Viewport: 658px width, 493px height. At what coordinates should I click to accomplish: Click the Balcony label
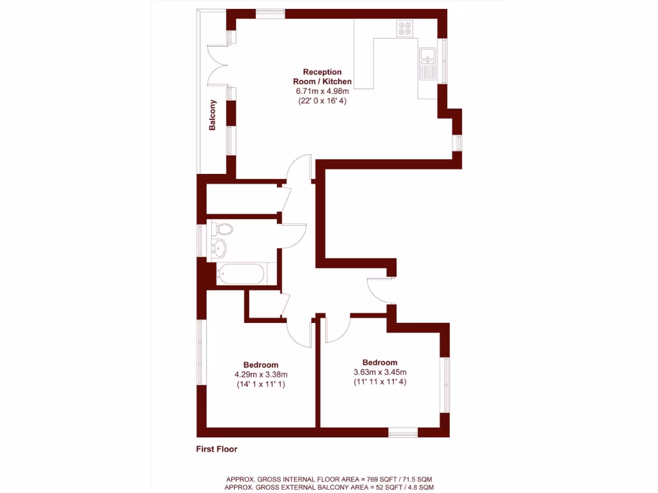[212, 116]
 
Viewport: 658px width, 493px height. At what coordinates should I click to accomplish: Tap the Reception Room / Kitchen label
[322, 76]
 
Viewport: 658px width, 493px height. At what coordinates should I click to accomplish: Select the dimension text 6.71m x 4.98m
[322, 91]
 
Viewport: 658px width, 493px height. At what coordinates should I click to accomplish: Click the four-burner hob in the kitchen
[405, 28]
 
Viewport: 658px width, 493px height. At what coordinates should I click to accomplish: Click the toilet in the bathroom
[223, 229]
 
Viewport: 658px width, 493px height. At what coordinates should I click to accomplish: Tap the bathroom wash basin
[219, 247]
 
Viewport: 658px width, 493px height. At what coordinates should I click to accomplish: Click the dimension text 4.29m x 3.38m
[261, 375]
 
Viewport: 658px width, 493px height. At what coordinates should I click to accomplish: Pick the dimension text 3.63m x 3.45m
[380, 372]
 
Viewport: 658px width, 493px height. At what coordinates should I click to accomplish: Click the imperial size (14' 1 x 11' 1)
[261, 385]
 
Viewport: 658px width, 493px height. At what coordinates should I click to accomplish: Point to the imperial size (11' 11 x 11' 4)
[380, 381]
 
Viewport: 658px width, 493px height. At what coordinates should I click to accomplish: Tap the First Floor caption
[217, 449]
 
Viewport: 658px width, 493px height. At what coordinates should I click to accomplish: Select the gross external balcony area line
[330, 488]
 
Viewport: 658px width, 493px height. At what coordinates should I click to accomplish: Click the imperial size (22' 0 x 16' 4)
[322, 101]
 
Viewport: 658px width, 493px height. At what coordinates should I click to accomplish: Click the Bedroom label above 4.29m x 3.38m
[261, 365]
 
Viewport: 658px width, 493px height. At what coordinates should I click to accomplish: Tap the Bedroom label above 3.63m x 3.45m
[380, 362]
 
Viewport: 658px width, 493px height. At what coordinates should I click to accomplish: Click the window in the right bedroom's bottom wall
[403, 433]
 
